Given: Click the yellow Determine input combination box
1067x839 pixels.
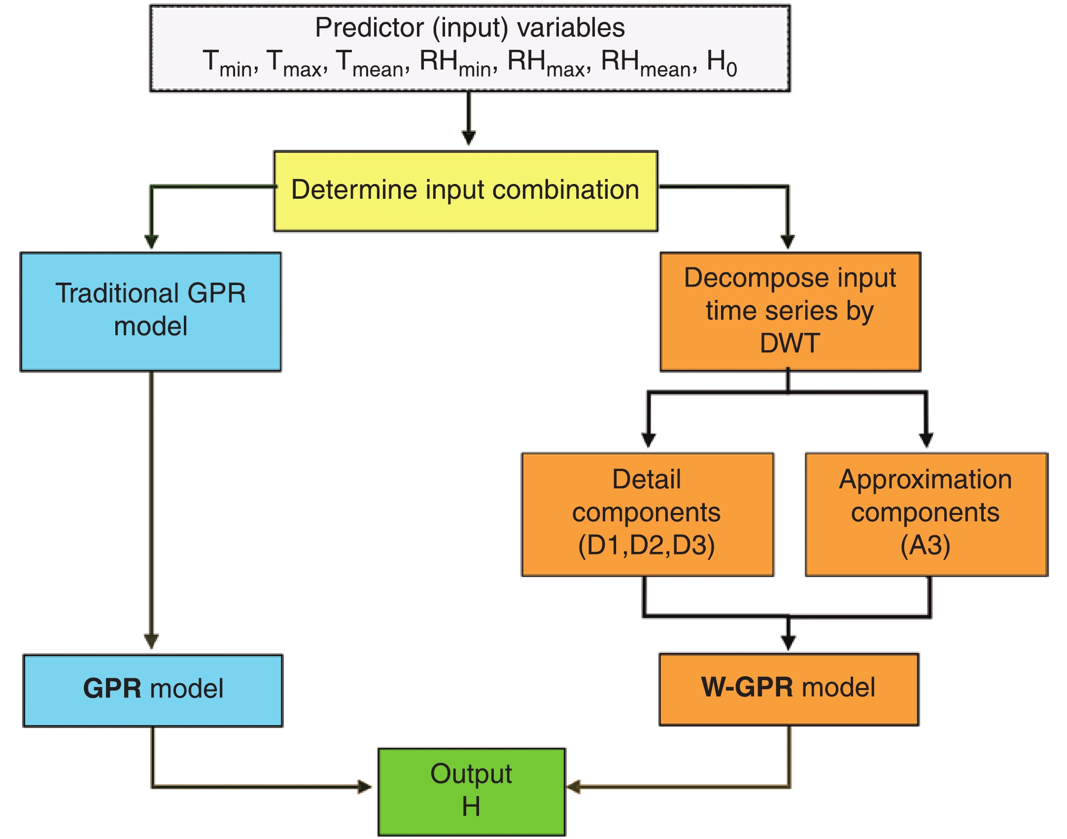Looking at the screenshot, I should (x=466, y=191).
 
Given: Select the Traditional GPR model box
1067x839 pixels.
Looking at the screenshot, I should (x=151, y=312).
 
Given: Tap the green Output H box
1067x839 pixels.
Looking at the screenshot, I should (x=472, y=791).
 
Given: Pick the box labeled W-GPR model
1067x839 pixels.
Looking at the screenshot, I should (x=789, y=689).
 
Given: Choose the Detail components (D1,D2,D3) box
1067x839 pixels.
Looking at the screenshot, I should (x=647, y=514).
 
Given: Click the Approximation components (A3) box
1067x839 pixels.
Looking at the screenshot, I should (x=926, y=514).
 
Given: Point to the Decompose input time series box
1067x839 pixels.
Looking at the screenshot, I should (x=790, y=311).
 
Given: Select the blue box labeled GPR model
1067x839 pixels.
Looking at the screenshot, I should (x=153, y=690).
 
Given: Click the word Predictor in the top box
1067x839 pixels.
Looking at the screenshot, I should (x=369, y=28).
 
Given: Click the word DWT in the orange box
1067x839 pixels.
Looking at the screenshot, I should (x=790, y=343).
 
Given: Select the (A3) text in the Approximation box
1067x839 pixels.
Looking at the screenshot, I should (x=926, y=546).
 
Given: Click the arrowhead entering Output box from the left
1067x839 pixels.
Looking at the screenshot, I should (x=365, y=787).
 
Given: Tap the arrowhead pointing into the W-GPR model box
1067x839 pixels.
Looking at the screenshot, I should (x=789, y=642).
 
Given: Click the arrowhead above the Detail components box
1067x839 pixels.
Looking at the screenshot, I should (x=649, y=439).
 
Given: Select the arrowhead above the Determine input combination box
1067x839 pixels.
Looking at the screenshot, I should (x=469, y=138).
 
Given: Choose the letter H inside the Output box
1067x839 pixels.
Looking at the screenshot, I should (x=471, y=807).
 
